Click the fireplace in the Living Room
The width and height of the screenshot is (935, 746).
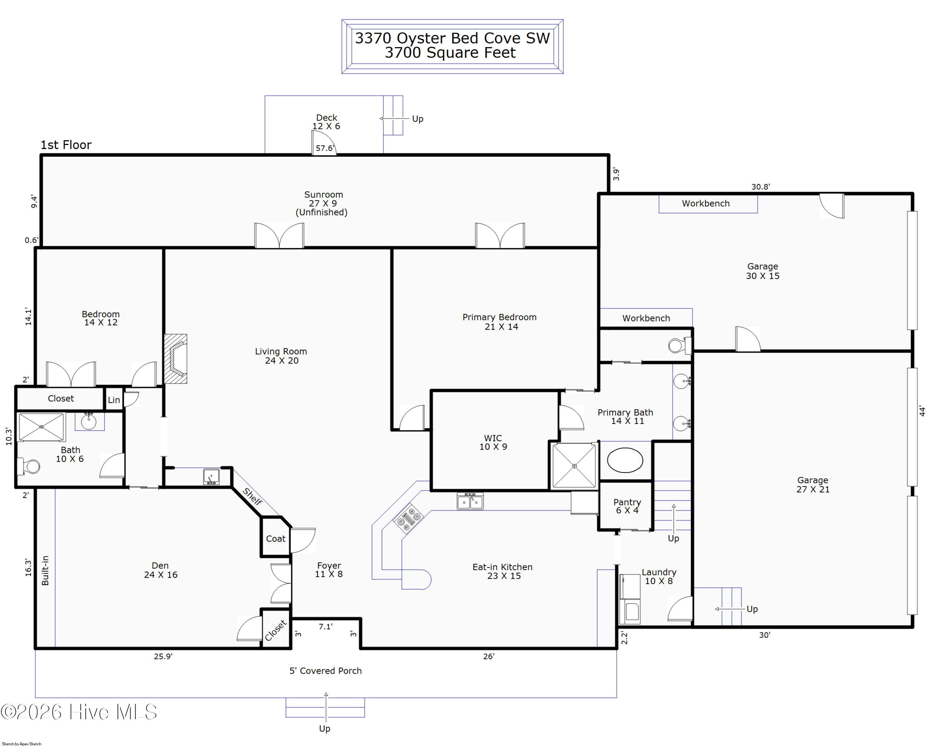pos(176,359)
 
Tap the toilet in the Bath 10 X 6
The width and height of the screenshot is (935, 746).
pos(29,467)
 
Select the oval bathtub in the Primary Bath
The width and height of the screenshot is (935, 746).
pos(625,460)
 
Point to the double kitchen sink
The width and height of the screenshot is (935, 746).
pos(470,501)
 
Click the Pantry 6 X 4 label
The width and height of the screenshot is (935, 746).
pos(627,506)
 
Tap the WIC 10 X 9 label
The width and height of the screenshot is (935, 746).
pos(493,442)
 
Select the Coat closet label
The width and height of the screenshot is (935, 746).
pos(276,539)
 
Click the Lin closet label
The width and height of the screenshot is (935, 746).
pos(114,400)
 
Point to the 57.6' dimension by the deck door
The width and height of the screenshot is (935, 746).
pos(325,148)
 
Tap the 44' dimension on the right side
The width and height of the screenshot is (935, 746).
pos(922,411)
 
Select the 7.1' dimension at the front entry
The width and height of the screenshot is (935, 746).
pos(325,626)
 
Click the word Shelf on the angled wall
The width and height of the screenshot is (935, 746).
pos(253,497)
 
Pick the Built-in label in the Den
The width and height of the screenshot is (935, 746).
pos(45,570)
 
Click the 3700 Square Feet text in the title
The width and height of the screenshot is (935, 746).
pos(450,52)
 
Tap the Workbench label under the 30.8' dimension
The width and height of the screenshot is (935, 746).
pos(706,204)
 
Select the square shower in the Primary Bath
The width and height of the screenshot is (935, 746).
pos(574,466)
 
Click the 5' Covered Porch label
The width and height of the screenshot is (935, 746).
pos(326,671)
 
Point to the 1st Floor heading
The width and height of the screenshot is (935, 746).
pos(66,145)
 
